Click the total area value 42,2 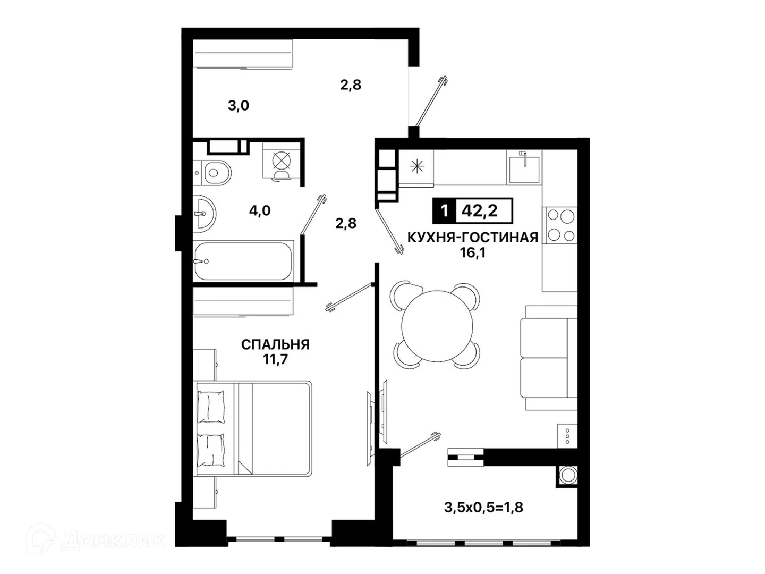480,211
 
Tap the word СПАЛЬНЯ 275,345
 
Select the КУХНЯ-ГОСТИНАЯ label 473,238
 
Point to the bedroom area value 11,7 275,359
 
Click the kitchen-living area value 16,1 473,252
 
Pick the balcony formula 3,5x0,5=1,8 484,508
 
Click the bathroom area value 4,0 260,210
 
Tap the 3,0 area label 239,105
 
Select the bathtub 243,261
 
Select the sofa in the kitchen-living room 549,358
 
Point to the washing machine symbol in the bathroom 282,162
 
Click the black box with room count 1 444,211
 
